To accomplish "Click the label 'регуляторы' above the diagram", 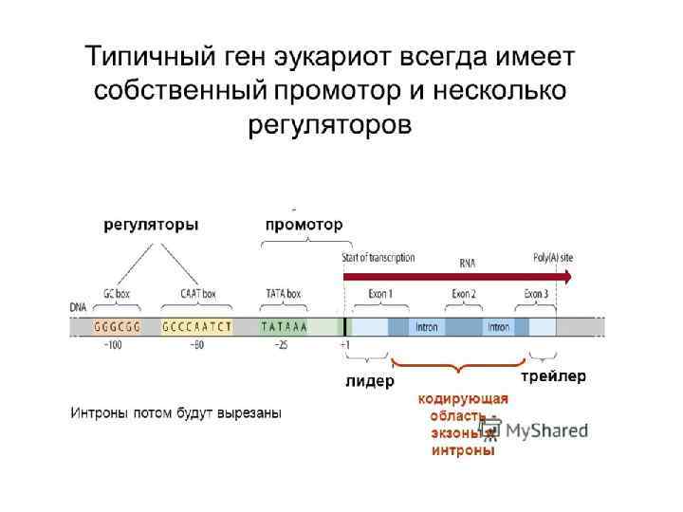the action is tap(151, 225).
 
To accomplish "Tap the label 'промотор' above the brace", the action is tap(304, 225).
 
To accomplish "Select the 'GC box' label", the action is tap(118, 294).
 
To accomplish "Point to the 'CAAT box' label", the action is tap(197, 294).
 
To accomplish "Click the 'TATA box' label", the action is tap(283, 294).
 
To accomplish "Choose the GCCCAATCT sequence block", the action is tap(196, 327).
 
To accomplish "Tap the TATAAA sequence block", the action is tap(285, 327).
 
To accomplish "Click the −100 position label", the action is tap(113, 345).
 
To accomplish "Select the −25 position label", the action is tap(281, 345).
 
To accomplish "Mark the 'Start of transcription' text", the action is tap(378, 258).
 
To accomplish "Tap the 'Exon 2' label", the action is tap(464, 294).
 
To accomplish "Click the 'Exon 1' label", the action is tap(380, 294).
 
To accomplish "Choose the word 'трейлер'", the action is tap(554, 376).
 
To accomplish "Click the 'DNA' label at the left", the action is tap(77, 308).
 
